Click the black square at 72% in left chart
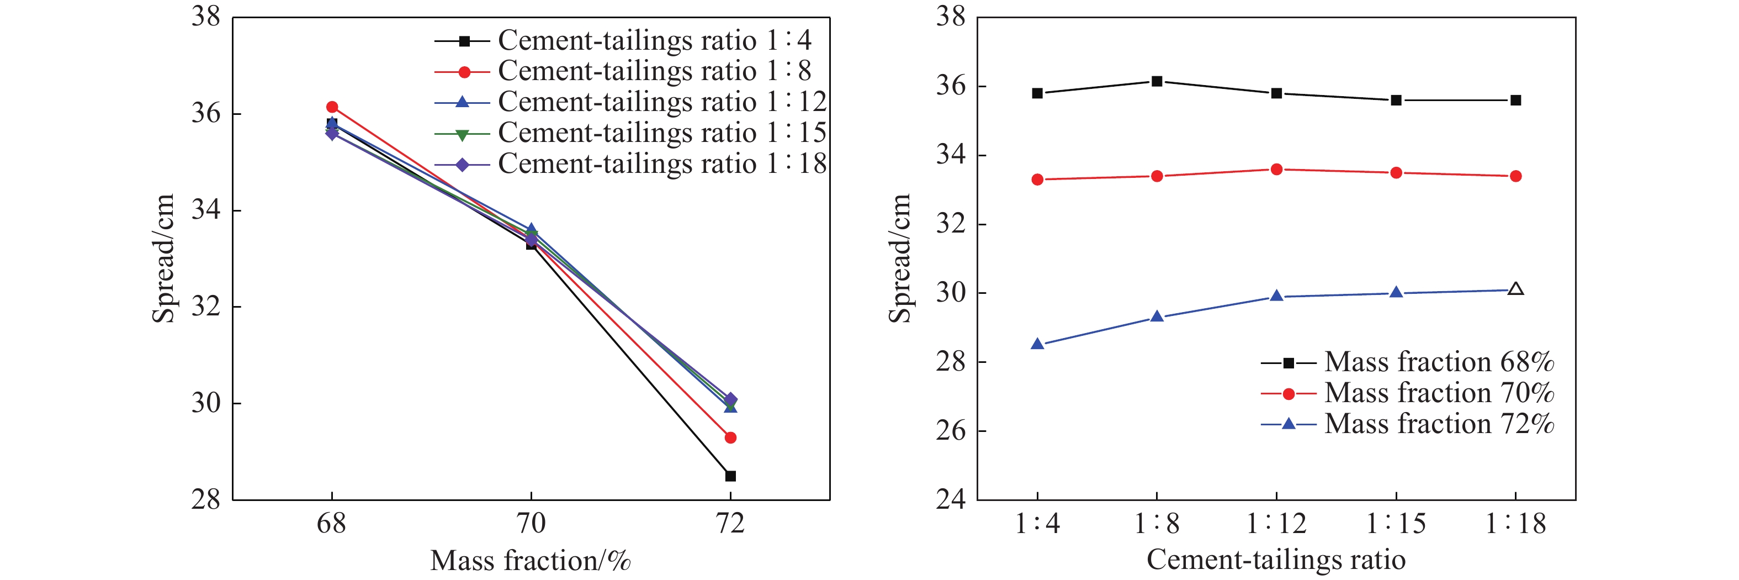point(730,476)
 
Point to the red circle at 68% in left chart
point(331,107)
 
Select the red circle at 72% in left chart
point(730,437)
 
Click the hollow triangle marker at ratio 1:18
point(1515,289)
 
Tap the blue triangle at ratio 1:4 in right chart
point(1037,344)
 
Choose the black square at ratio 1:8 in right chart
point(1157,81)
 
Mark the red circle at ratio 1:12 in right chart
point(1276,170)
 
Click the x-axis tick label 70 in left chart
point(531,523)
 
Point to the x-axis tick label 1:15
point(1396,523)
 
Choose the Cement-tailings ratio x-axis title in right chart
point(1276,560)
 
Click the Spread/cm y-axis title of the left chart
point(163,258)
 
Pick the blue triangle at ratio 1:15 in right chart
point(1396,292)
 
